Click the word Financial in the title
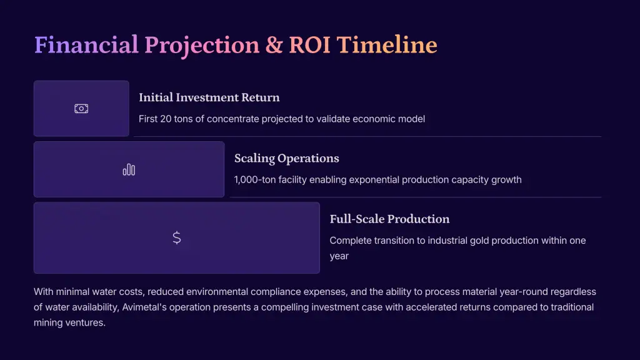(86, 44)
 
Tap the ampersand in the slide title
(274, 45)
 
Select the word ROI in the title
(309, 45)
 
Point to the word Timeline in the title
(386, 44)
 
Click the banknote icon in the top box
(81, 109)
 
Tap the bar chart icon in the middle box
(129, 169)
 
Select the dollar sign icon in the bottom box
(177, 237)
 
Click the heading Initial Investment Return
(209, 97)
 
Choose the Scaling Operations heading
(286, 158)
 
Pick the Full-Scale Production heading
(389, 219)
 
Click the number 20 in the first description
(166, 119)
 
